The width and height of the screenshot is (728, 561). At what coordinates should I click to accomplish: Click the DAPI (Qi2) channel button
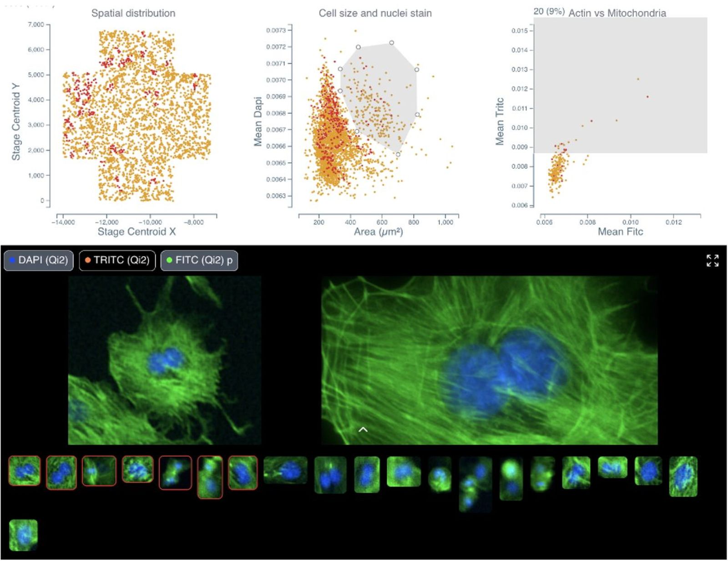coord(39,260)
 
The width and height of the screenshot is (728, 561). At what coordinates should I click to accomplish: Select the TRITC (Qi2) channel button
coord(117,260)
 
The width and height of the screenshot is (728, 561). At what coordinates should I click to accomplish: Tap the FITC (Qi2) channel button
coord(199,260)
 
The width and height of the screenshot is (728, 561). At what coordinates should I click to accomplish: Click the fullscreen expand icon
coord(712,260)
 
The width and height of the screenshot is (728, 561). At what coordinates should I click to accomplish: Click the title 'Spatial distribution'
coord(133,13)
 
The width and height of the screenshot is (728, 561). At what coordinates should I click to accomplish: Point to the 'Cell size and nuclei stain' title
coord(375,13)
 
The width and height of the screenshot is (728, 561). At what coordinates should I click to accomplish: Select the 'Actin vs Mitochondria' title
coord(617,13)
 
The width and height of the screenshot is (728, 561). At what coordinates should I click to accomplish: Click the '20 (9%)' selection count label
coord(549,11)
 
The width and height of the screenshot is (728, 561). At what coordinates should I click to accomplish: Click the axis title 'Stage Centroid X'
coord(136,232)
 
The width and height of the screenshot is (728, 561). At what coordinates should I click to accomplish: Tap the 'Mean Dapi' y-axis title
coord(258,121)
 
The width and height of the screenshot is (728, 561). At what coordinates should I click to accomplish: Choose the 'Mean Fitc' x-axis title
coord(620,232)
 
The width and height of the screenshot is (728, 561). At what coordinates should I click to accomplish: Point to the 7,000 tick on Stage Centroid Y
coord(36,25)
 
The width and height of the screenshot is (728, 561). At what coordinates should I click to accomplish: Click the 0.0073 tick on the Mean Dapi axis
coord(276,30)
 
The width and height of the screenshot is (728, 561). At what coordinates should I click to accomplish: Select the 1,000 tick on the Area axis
coord(445,222)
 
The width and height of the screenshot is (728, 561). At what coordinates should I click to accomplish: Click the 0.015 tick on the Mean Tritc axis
coord(519,31)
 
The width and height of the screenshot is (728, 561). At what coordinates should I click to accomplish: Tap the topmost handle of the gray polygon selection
coord(391,43)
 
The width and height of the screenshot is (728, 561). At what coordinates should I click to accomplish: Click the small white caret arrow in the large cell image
coord(363,429)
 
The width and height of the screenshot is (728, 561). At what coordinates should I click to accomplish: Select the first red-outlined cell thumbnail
coord(24,470)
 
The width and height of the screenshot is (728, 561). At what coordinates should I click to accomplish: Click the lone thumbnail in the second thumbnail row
coord(23,535)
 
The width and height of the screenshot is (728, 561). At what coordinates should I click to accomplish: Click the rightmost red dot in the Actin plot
coord(647,96)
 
